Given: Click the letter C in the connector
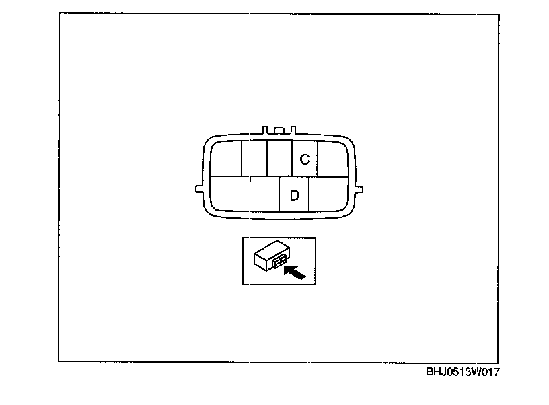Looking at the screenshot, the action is (x=305, y=159).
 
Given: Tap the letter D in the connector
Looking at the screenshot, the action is (x=294, y=196).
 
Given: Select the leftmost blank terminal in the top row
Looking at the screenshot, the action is (x=226, y=158).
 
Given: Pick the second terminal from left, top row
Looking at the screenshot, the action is (x=254, y=158).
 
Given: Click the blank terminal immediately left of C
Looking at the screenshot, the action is (x=279, y=158).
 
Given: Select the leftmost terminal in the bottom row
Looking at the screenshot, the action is (x=229, y=194).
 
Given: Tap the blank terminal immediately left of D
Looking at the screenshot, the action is (x=264, y=194).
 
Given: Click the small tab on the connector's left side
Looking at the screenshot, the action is (x=196, y=189).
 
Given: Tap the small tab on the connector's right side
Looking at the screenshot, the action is (x=360, y=189).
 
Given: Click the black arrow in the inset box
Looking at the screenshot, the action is (x=295, y=273).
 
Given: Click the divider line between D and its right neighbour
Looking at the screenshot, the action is (x=309, y=194).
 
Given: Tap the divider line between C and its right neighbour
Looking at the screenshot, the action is (x=318, y=158).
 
